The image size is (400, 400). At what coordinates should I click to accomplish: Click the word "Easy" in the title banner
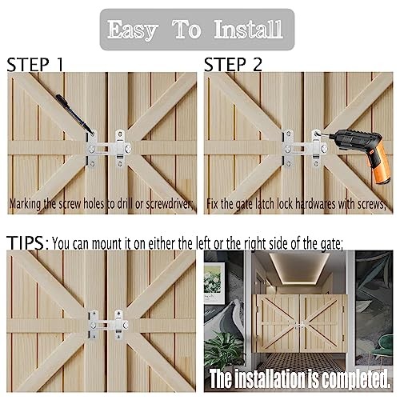point(132,30)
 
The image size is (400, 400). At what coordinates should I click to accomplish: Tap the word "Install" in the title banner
point(248,29)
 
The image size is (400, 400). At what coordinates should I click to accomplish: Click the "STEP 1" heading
point(35,65)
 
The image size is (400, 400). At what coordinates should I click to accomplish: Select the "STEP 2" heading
point(233,65)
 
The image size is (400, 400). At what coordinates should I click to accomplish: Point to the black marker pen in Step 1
point(75,114)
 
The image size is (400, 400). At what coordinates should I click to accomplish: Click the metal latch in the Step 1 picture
point(108,148)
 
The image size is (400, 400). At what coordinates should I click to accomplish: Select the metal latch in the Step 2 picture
point(305,148)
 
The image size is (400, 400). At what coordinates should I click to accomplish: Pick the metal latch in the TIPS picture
point(108,325)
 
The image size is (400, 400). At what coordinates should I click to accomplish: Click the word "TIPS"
point(26,243)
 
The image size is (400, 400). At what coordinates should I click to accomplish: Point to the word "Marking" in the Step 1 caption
point(26,205)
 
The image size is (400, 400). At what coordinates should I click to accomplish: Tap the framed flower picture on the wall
point(214,283)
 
